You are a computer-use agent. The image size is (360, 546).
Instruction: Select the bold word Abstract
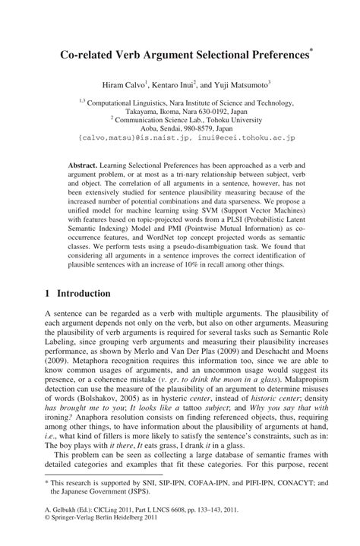pos(90,163)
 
